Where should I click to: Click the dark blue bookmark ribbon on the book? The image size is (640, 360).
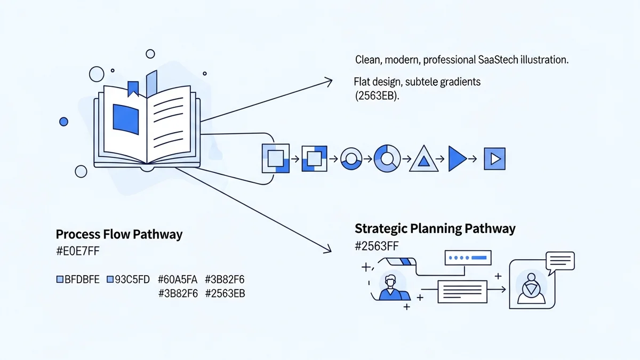[133, 89]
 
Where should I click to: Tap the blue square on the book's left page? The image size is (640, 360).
[126, 118]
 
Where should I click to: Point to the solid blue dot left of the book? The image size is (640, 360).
[64, 122]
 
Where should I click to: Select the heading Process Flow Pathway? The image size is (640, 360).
[119, 234]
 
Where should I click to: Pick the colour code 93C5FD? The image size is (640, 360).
[129, 279]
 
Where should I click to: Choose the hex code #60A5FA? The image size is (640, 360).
[178, 279]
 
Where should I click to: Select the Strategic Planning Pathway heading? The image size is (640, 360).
[435, 229]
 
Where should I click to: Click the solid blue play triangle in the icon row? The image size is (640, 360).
[457, 158]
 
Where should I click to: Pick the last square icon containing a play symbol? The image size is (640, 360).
[494, 158]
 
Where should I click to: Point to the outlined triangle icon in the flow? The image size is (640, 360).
[423, 159]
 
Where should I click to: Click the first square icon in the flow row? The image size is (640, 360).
[275, 158]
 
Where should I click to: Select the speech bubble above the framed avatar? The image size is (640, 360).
[560, 261]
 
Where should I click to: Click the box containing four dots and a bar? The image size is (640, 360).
[468, 258]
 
